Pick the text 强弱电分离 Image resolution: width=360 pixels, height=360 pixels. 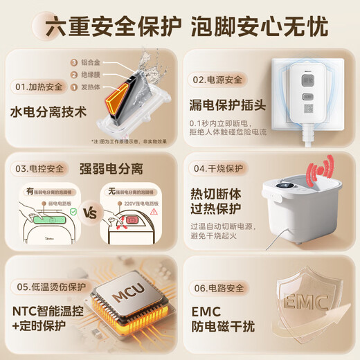coord(116,168)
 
